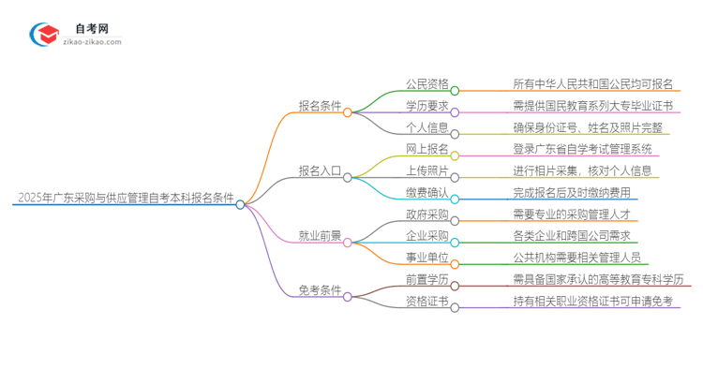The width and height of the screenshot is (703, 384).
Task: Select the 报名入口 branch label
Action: [x=320, y=170]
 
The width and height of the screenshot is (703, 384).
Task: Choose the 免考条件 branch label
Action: [x=320, y=290]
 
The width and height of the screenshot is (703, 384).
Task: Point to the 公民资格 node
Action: [x=426, y=83]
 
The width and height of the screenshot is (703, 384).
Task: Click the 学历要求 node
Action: [x=426, y=105]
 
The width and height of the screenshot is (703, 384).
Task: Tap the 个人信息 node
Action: [x=426, y=127]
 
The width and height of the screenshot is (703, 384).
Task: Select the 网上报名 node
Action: [x=426, y=149]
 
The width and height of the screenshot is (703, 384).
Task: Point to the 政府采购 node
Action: [x=426, y=214]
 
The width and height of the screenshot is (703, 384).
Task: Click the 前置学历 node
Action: [x=426, y=279]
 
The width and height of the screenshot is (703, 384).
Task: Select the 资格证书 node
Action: [x=426, y=302]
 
